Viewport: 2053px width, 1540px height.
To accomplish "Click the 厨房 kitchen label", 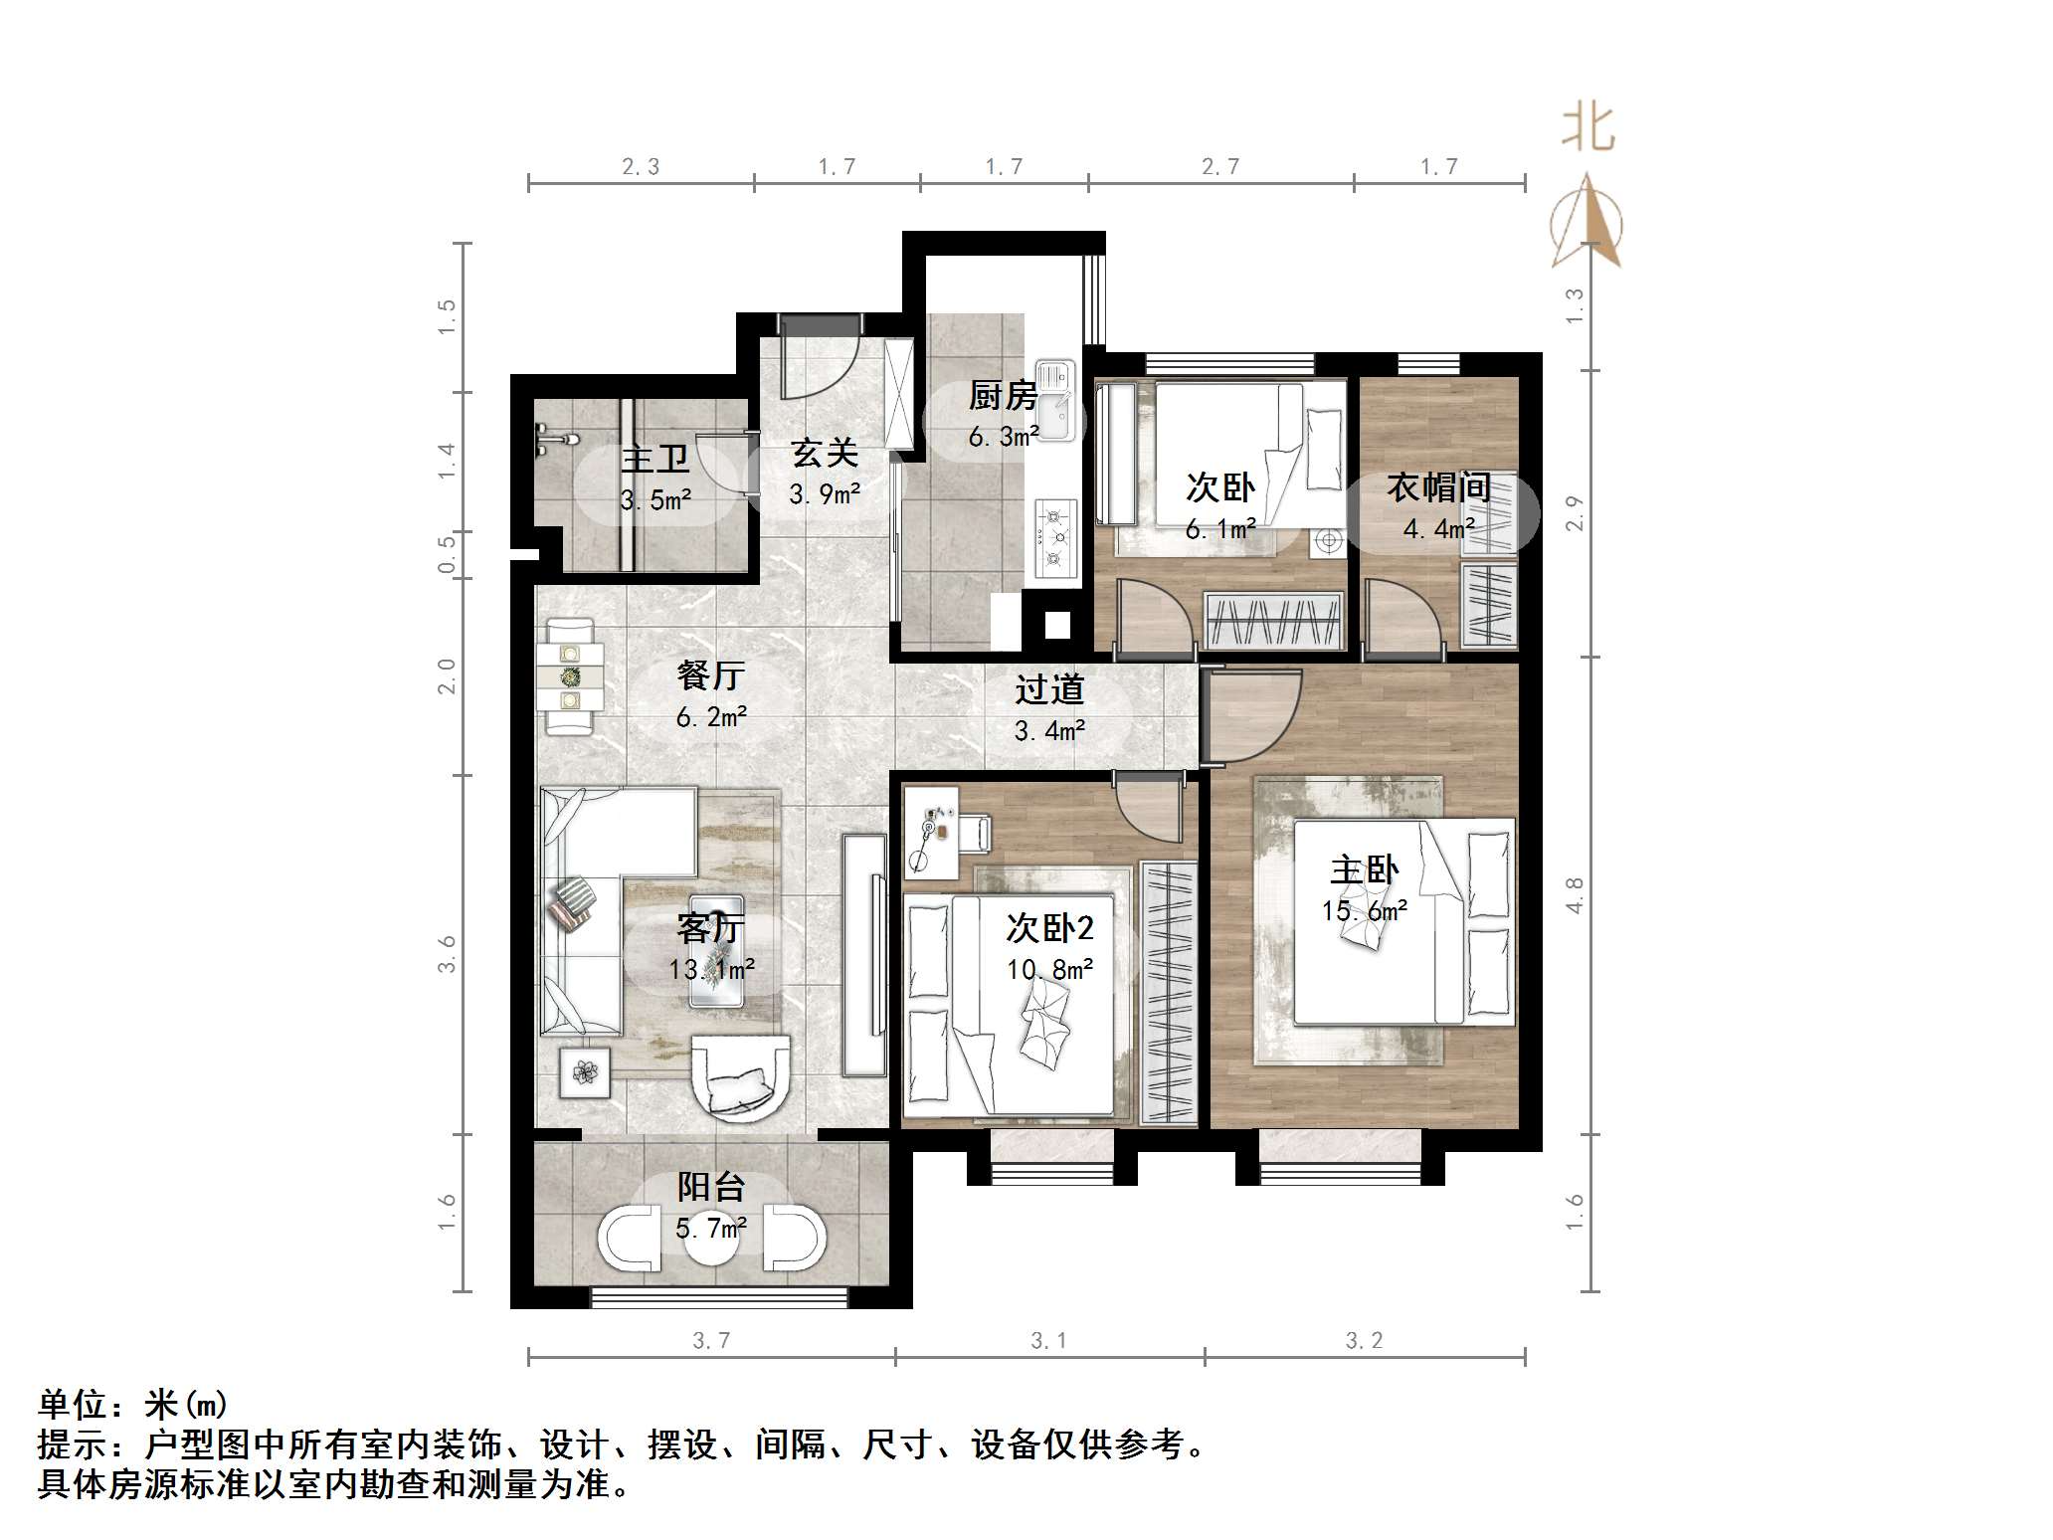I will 1003,396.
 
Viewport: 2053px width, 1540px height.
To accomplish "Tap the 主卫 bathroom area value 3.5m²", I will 655,500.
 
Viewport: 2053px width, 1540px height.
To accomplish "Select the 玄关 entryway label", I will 825,454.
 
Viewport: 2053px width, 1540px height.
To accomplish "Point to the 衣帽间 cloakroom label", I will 1438,487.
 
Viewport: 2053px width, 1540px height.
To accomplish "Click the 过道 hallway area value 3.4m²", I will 1049,731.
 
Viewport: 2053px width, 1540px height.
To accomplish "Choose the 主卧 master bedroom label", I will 1364,869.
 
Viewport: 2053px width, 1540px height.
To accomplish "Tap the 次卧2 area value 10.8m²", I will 1049,969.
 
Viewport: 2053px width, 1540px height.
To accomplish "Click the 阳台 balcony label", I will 710,1186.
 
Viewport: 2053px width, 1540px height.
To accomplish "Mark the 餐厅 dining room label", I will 710,675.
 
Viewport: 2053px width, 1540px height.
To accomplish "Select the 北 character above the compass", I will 1587,129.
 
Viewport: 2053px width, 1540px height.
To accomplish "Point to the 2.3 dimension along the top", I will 641,166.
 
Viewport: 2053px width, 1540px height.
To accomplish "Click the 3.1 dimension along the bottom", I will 1049,1340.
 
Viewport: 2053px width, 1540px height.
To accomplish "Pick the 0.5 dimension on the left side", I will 447,554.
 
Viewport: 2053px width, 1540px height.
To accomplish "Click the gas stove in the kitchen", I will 1055,538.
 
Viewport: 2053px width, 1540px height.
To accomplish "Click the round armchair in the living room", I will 740,1078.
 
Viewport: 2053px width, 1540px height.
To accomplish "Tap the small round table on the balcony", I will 712,1239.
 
